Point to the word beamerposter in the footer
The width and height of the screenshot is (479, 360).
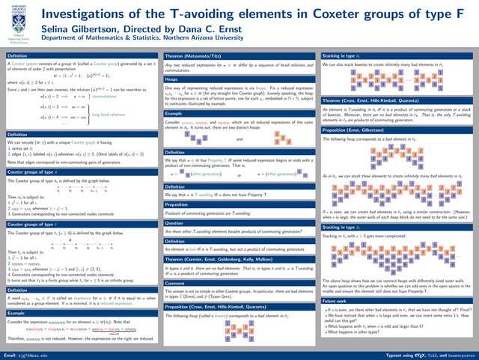(x=458, y=353)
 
